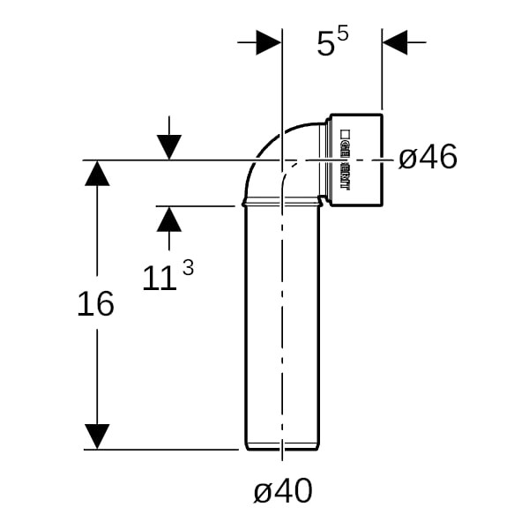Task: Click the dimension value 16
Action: point(95,304)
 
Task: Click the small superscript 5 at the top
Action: point(343,34)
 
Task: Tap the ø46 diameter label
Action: point(428,159)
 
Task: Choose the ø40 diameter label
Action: point(282,491)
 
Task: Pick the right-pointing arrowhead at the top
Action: point(268,41)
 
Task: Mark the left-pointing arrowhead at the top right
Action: point(395,41)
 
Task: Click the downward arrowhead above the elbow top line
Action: point(169,147)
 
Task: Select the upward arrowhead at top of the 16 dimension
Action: point(97,173)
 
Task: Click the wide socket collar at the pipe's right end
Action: point(357,160)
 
